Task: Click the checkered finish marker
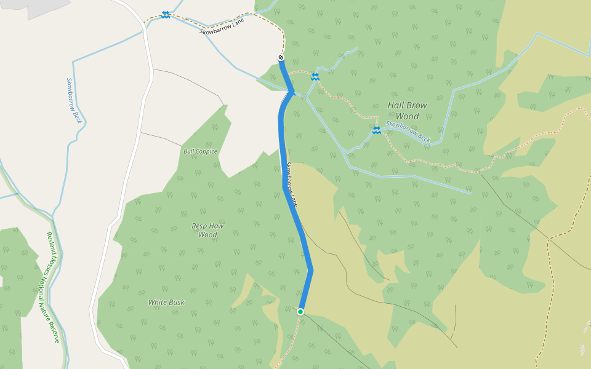click(281, 58)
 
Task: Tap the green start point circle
click(300, 312)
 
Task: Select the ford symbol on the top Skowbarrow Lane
click(166, 15)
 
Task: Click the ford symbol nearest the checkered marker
click(315, 76)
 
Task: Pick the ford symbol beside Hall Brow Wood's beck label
click(376, 130)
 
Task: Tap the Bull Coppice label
click(200, 151)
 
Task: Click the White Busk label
click(166, 303)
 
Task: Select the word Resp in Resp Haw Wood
click(199, 226)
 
